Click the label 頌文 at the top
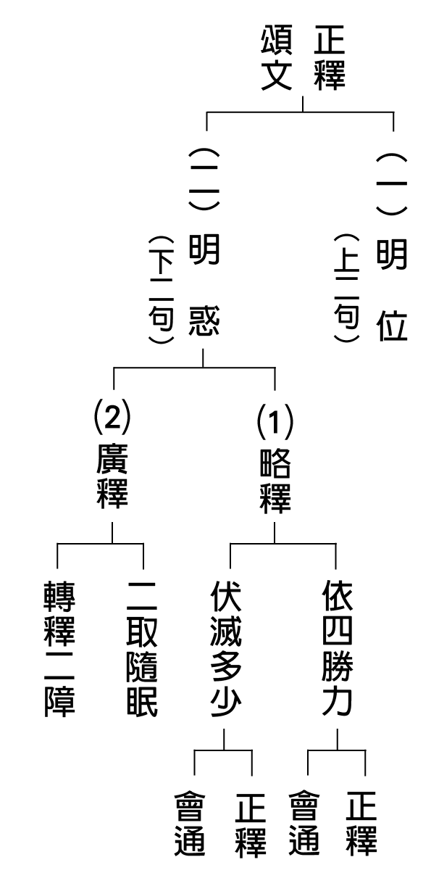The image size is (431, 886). coord(277,57)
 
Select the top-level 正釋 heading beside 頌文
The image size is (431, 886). coord(330,57)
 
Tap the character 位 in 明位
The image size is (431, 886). coord(391,325)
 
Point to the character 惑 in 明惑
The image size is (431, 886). coord(204,320)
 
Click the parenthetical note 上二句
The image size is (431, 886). coord(346,288)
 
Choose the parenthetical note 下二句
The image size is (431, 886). coord(162,290)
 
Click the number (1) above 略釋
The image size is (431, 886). coord(275,422)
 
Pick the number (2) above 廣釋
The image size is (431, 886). coord(112,417)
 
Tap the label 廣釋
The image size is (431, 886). coord(112,476)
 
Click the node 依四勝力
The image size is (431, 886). coord(338,648)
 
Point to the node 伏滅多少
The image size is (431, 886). coord(226,649)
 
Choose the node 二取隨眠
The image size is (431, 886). coord(142,649)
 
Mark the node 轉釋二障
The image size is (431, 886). coord(59,649)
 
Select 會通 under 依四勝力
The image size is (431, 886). coord(304,824)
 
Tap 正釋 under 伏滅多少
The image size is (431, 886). coord(251,824)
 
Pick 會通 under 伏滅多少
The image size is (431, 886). coord(190,824)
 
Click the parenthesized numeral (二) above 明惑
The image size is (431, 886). coord(204,179)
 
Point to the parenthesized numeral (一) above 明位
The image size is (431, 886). coord(391,183)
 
